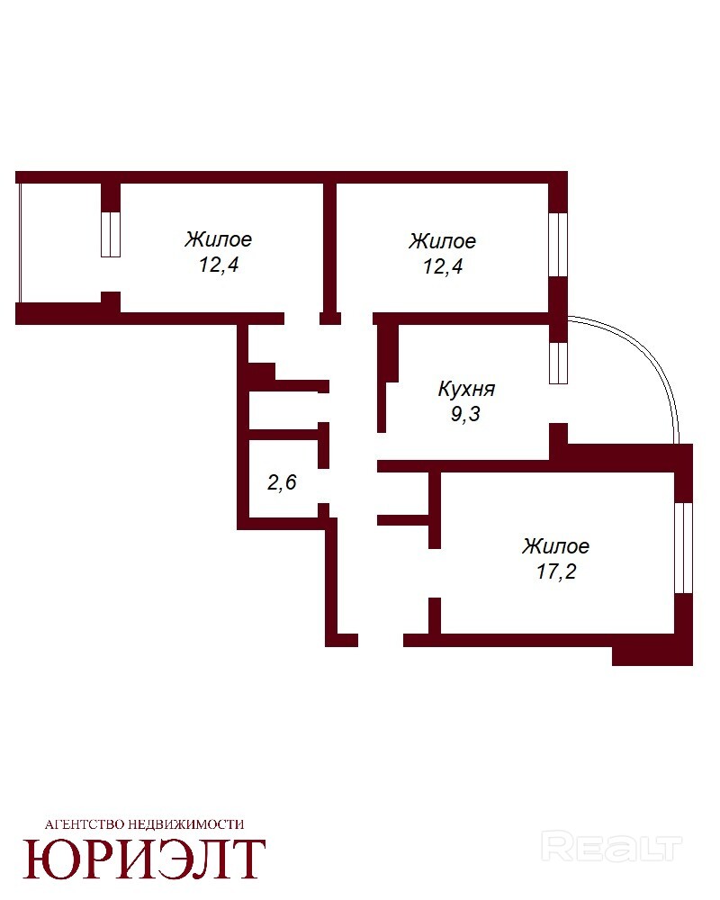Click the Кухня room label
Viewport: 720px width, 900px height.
pos(466,389)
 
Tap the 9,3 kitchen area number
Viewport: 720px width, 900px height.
pos(465,414)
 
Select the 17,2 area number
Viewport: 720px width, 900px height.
pos(556,571)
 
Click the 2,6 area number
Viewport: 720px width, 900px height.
pos(282,482)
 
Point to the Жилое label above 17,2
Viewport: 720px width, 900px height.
pos(556,546)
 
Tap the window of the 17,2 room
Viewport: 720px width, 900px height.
pos(683,547)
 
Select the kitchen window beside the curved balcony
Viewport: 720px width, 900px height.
pos(558,363)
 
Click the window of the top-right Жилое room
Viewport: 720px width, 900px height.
pos(558,245)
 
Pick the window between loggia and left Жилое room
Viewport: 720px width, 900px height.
pos(111,234)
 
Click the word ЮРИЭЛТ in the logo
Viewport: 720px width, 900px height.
pos(144,859)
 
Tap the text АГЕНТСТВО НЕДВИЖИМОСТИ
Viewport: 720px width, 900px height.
pos(144,824)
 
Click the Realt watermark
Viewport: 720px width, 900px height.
pos(612,848)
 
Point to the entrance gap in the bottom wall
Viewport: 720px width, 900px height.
pos(381,640)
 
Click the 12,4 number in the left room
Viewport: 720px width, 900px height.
pos(219,265)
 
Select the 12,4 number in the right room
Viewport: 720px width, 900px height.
pos(443,267)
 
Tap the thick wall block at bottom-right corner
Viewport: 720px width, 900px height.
pos(652,657)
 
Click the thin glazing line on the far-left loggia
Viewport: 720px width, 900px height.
pos(20,242)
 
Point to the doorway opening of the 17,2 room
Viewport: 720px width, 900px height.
pos(435,572)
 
